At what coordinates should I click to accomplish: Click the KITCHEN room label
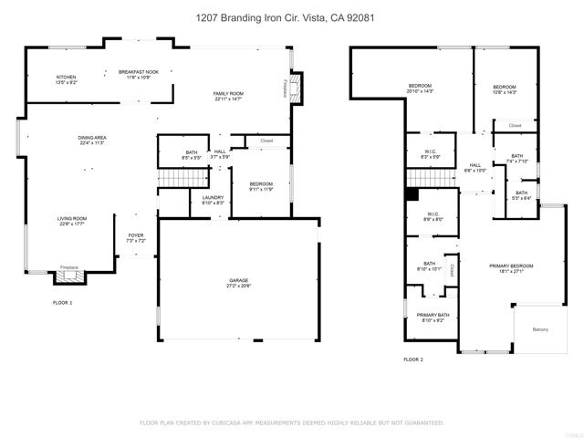click(x=67, y=78)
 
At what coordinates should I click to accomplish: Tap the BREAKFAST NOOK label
click(x=139, y=72)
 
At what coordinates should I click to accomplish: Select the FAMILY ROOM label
click(x=229, y=95)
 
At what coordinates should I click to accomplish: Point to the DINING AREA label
click(x=92, y=139)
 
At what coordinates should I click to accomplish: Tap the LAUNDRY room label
click(x=213, y=199)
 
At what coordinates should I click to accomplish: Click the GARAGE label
click(x=238, y=283)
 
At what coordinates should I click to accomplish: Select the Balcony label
click(x=540, y=329)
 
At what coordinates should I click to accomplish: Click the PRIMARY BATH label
click(x=433, y=317)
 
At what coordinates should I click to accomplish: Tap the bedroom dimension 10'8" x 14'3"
click(x=505, y=92)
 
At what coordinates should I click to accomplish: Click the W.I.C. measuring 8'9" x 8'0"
click(x=432, y=220)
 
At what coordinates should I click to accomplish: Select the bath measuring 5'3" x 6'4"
click(x=521, y=196)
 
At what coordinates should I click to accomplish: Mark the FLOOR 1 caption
click(x=63, y=302)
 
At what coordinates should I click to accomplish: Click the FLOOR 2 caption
click(x=414, y=360)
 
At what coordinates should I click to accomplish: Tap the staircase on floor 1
click(x=172, y=178)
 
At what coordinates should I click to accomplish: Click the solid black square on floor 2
click(x=412, y=193)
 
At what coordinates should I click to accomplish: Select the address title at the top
click(x=292, y=17)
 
